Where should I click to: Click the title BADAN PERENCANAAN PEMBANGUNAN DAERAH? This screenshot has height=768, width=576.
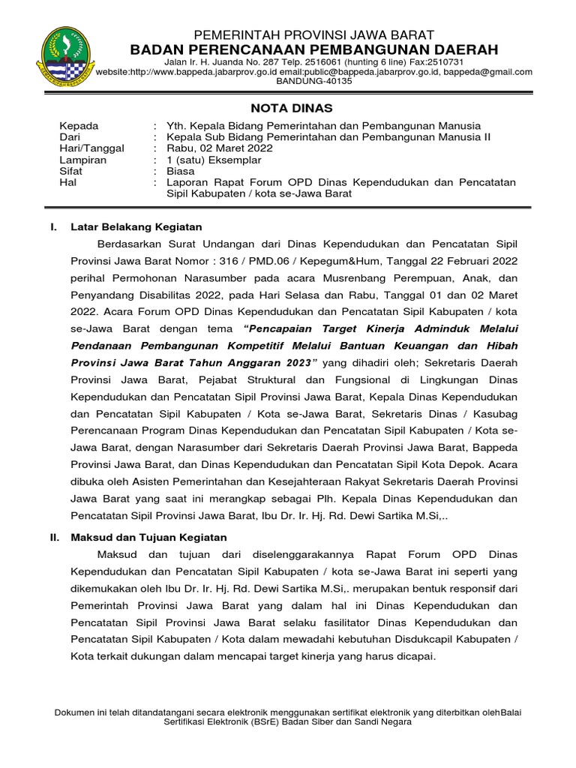314,49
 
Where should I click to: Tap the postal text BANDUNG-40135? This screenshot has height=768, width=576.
314,82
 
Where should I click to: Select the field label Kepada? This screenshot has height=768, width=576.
79,126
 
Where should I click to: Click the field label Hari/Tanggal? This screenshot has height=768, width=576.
91,148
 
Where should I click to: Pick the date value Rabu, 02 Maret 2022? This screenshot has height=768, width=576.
220,148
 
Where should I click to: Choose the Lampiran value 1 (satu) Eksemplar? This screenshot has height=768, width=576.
214,160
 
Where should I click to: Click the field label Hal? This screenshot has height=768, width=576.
68,182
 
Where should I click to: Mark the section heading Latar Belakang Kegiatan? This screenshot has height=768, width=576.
136,226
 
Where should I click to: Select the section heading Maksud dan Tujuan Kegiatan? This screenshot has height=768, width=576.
148,537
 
